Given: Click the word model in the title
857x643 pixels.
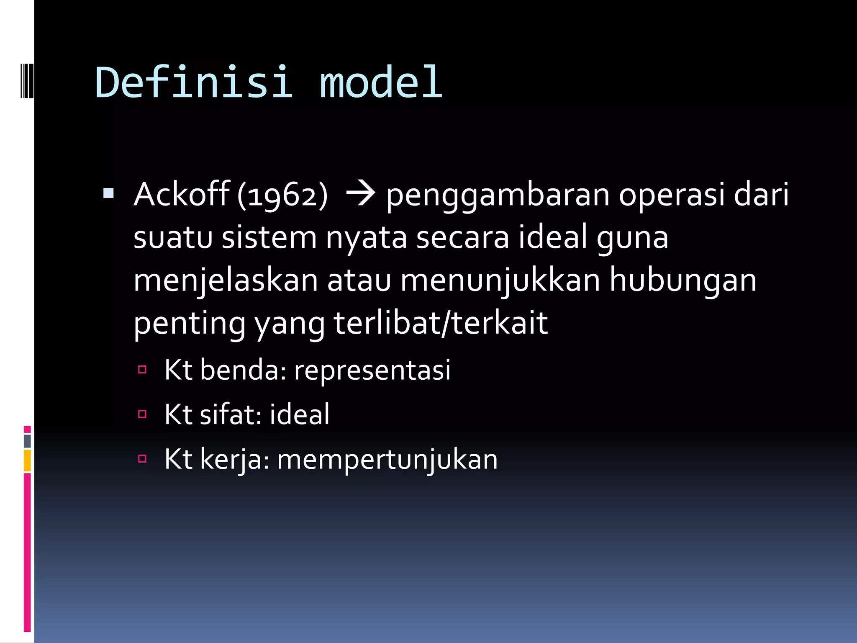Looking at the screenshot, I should (381, 82).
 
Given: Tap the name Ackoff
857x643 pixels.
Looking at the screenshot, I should (182, 194).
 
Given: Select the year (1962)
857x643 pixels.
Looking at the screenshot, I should (283, 195).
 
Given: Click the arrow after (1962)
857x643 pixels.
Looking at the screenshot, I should (360, 194).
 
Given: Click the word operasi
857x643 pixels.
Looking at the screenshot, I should (672, 196).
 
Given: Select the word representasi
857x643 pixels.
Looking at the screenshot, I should (372, 370).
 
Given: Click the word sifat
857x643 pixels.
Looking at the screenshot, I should (231, 414).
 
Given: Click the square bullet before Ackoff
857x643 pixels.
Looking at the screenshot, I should (108, 193).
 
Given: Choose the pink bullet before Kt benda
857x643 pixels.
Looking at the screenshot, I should (142, 369).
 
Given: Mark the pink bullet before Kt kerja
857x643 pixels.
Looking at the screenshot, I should (142, 459).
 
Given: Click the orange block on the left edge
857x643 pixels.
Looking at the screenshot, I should (27, 460).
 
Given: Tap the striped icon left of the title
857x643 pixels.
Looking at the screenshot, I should (27, 80).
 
